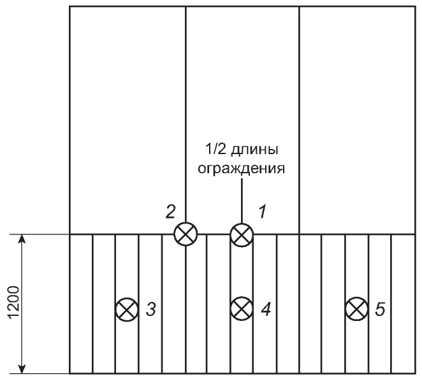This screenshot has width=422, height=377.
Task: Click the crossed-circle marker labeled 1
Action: pyautogui.click(x=241, y=234)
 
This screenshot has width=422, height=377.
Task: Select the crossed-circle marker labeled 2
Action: pyautogui.click(x=186, y=234)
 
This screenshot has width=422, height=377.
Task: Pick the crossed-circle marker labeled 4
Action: pyautogui.click(x=241, y=309)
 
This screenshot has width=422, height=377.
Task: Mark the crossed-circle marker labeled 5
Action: pyautogui.click(x=356, y=309)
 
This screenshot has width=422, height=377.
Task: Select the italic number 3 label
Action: pyautogui.click(x=150, y=310)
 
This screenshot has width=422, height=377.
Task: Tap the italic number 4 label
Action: pyautogui.click(x=265, y=310)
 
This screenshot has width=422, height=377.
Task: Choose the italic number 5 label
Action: pyautogui.click(x=379, y=310)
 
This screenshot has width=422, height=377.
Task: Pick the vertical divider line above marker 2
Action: pyautogui.click(x=186, y=115)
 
